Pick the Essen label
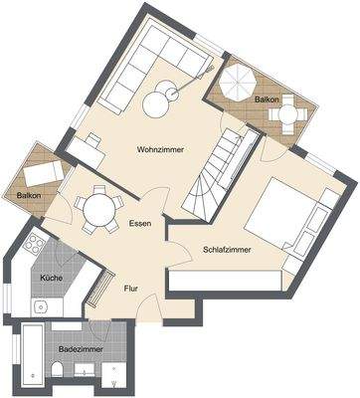pos(140,225)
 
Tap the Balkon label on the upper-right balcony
pos(266,100)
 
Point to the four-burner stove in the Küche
pos(33,245)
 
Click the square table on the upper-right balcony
pos(288,112)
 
